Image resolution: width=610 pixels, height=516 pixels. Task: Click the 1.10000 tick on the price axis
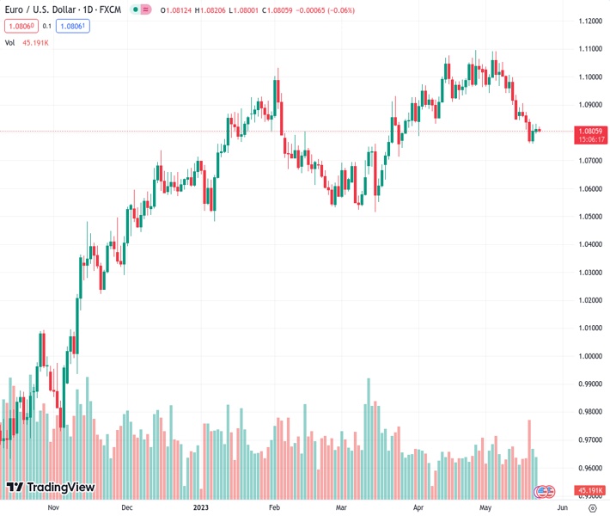tap(589, 77)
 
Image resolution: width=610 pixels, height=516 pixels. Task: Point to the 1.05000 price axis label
tap(589, 216)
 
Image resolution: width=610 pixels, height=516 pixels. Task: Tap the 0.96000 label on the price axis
tap(589, 468)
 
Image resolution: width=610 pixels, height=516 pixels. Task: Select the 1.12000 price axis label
tap(589, 21)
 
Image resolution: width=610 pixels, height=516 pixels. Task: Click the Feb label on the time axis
tap(274, 507)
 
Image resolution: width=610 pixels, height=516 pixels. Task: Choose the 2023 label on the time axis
tap(201, 507)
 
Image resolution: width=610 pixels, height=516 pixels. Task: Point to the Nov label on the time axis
tap(53, 507)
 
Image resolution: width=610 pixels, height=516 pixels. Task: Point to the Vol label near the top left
tap(10, 42)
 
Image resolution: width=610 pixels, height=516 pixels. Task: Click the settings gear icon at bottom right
tap(592, 507)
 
